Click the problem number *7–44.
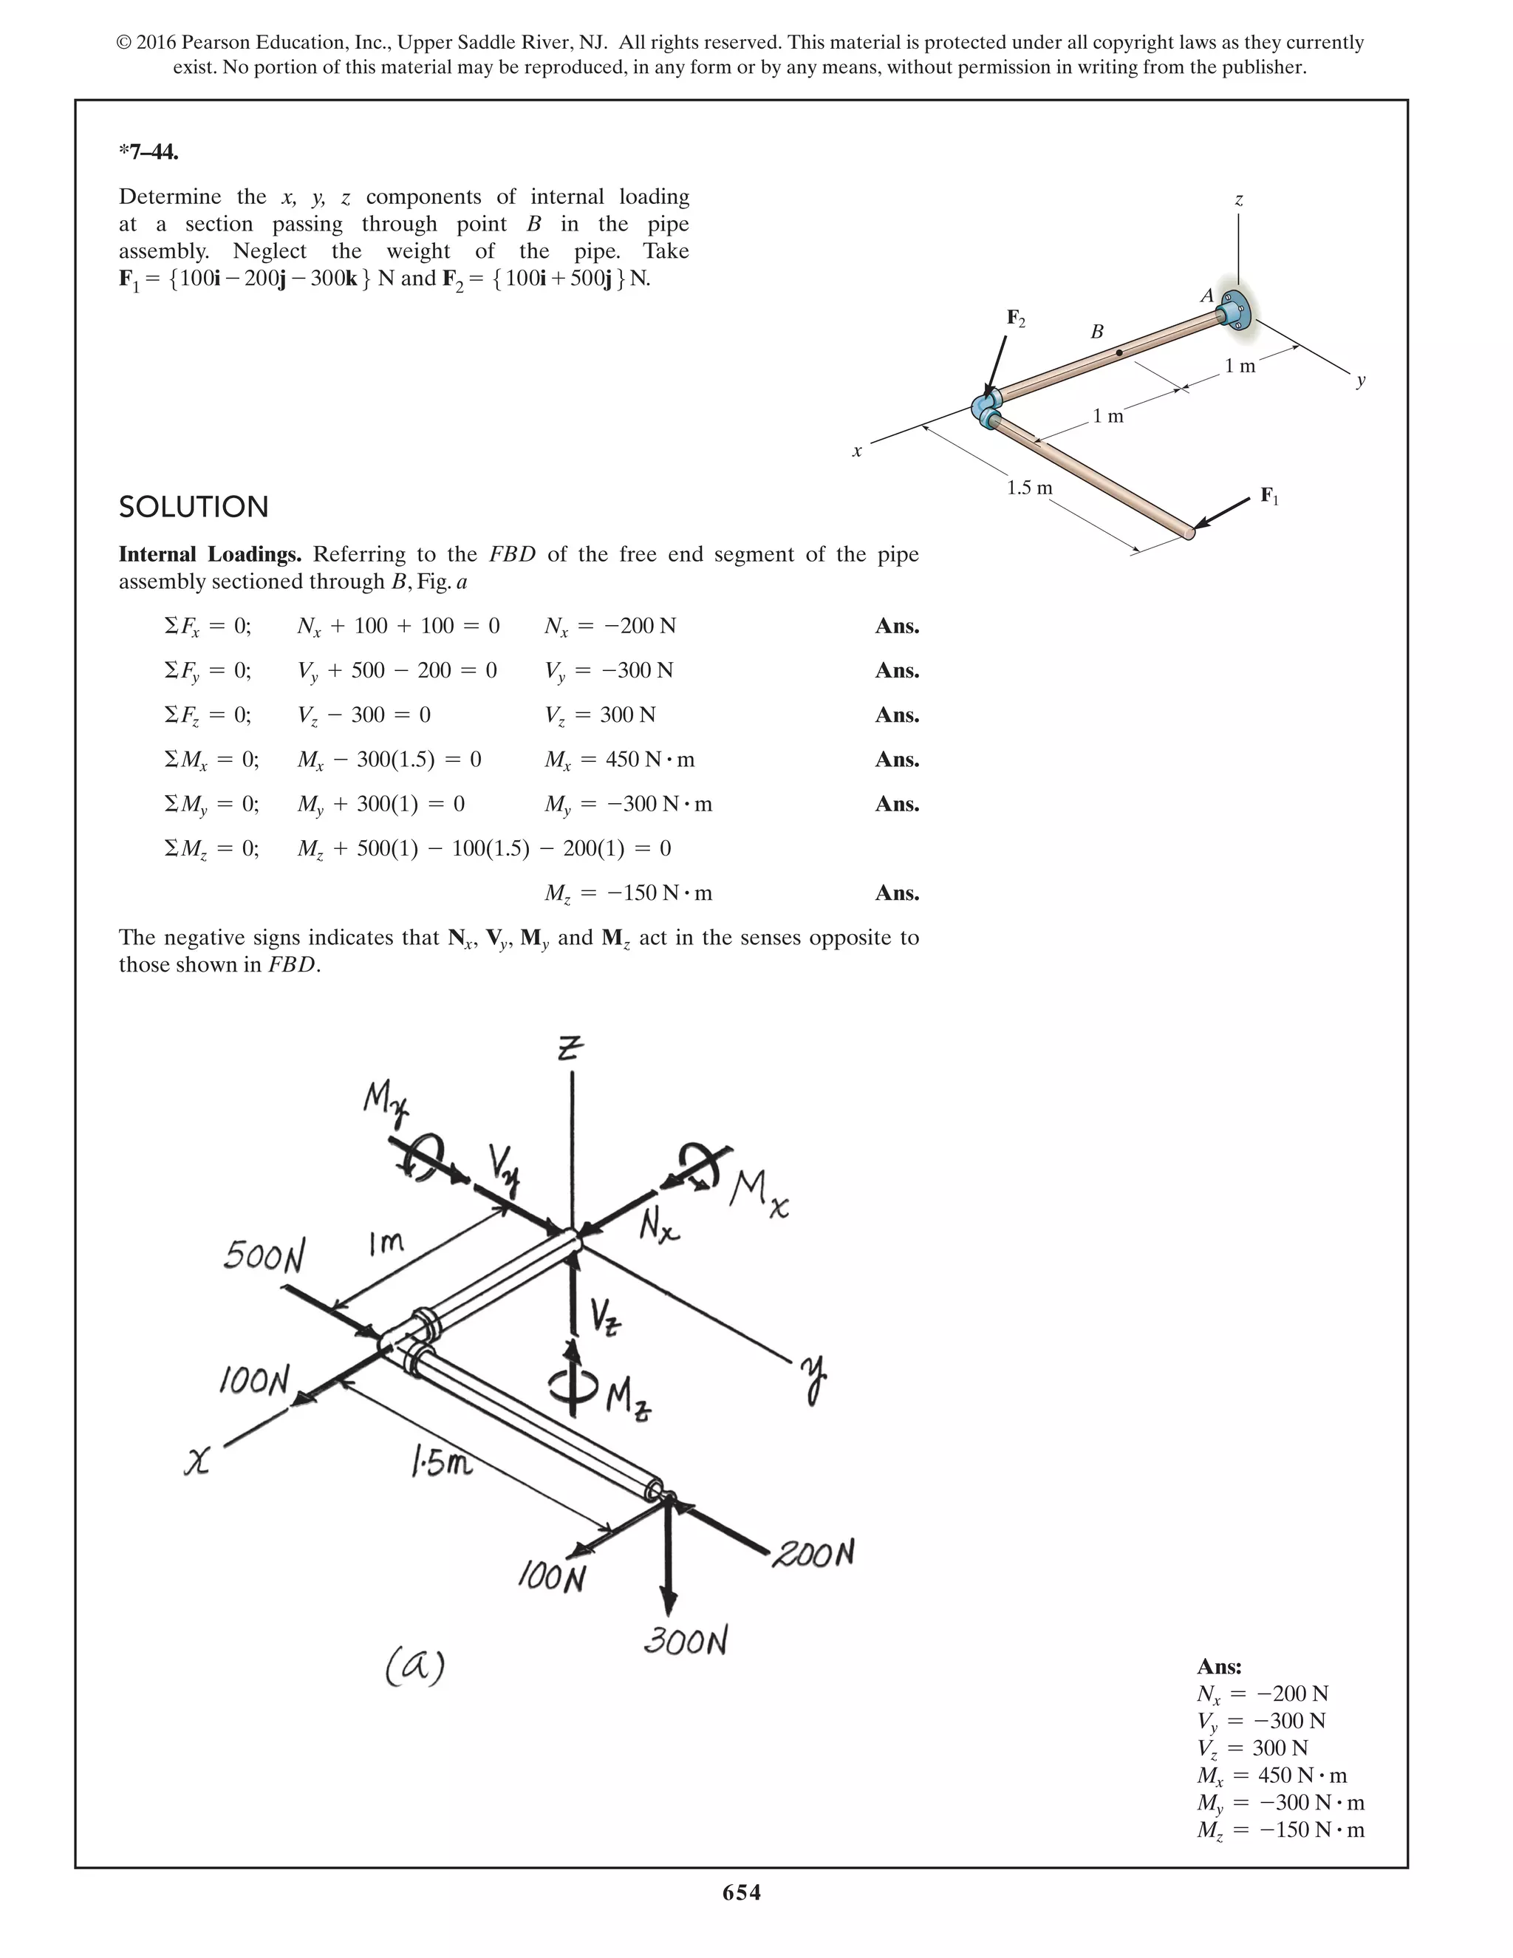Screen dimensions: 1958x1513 148,151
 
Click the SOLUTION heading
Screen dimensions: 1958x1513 194,507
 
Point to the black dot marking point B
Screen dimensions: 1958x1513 1118,353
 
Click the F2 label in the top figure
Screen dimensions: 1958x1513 1016,318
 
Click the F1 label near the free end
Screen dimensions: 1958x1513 1269,496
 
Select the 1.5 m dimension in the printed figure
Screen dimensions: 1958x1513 1029,488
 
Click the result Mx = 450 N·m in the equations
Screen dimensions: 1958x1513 619,760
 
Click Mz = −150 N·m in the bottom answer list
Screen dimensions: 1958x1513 1280,1829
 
